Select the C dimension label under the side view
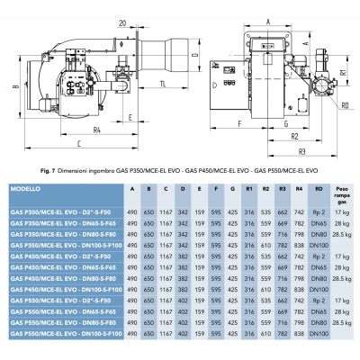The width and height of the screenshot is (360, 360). click(x=118, y=155)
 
